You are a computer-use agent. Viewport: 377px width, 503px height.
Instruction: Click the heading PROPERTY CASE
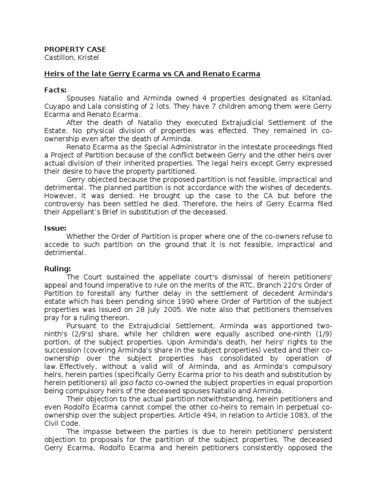[75, 50]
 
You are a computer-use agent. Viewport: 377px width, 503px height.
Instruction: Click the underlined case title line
[152, 74]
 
